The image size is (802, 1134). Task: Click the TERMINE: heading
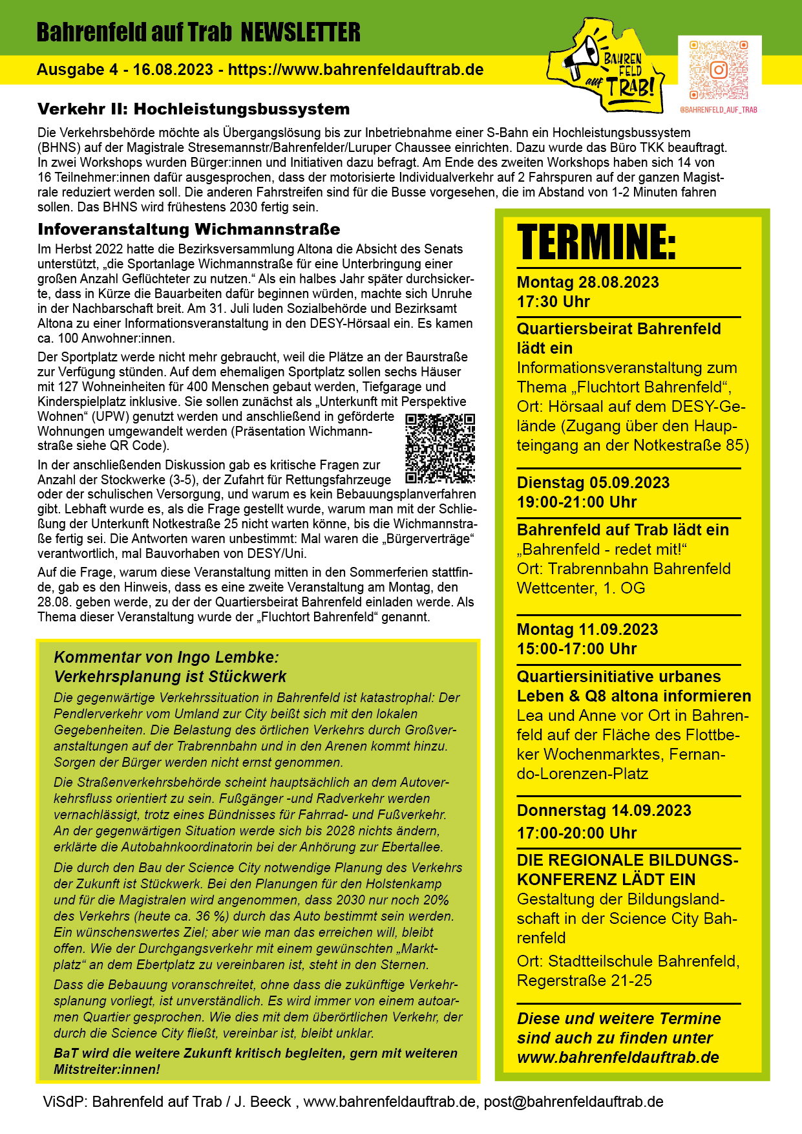pyautogui.click(x=596, y=242)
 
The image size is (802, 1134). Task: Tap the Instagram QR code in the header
pyautogui.click(x=719, y=70)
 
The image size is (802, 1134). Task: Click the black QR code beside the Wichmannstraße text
pyautogui.click(x=440, y=448)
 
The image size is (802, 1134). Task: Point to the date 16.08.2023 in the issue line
pyautogui.click(x=173, y=70)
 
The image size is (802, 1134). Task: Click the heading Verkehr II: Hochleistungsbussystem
pyautogui.click(x=193, y=109)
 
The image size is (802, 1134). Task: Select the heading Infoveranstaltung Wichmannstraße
pyautogui.click(x=189, y=230)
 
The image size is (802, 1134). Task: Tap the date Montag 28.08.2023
pyautogui.click(x=587, y=283)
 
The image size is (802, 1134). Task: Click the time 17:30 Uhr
pyautogui.click(x=553, y=302)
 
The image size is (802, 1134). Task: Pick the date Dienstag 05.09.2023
pyautogui.click(x=593, y=483)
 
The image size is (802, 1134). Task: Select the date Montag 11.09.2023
pyautogui.click(x=587, y=630)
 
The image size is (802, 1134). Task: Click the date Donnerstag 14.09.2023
pyautogui.click(x=604, y=811)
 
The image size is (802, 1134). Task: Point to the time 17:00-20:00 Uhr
pyautogui.click(x=576, y=833)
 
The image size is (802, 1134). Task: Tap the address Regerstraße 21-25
pyautogui.click(x=584, y=981)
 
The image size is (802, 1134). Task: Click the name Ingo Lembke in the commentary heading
pyautogui.click(x=227, y=658)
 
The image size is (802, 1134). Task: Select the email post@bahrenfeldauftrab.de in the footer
pyautogui.click(x=573, y=1102)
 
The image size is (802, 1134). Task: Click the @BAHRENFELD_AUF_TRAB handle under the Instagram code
pyautogui.click(x=719, y=110)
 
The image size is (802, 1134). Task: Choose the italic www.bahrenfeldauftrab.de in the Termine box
pyautogui.click(x=618, y=1058)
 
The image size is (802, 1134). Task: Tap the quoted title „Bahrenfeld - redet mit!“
pyautogui.click(x=602, y=550)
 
